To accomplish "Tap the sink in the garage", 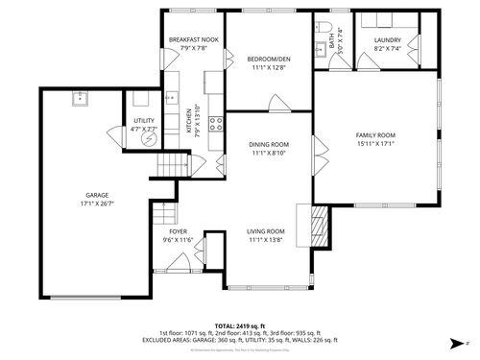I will (80, 96).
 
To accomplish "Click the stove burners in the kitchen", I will (218, 122).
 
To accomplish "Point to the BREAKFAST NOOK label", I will (193, 39).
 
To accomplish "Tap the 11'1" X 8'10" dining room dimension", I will (270, 153).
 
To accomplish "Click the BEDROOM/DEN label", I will (270, 59).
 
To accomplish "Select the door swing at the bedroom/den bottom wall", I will (276, 102).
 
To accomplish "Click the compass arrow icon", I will (453, 343).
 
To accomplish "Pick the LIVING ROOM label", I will (266, 231).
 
